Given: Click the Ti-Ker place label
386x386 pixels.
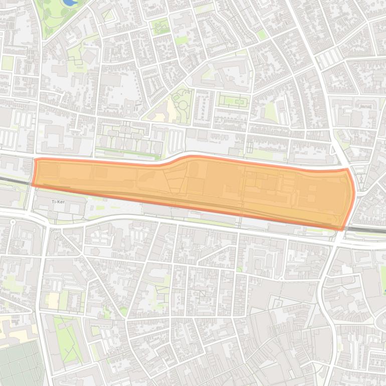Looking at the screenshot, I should [x=59, y=202].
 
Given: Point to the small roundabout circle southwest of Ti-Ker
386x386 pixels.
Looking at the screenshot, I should [x=13, y=222].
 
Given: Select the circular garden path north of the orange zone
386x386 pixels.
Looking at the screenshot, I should [x=183, y=105].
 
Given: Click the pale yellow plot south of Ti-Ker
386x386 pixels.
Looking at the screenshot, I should [x=52, y=300].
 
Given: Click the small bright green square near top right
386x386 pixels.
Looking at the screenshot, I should [x=261, y=34].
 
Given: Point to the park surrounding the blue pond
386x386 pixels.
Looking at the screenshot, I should [x=55, y=15].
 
